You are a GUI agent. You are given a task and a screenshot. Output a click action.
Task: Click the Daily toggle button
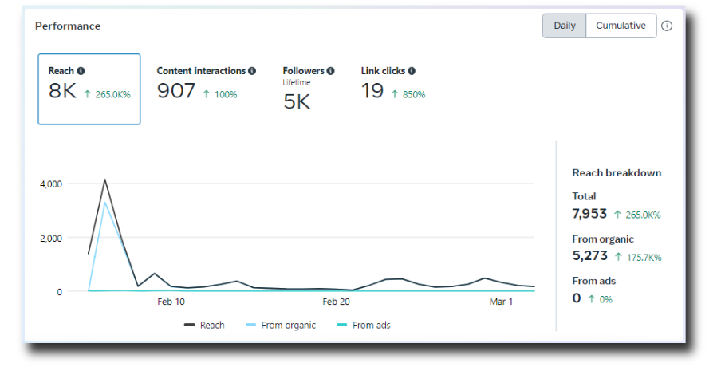564,26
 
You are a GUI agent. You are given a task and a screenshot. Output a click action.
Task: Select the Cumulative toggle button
621,26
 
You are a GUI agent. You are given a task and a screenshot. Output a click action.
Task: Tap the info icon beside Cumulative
667,26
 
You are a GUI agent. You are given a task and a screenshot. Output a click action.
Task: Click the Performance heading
68,26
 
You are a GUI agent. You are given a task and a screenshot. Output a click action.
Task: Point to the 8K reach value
62,91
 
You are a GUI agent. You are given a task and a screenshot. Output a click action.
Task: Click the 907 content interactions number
176,91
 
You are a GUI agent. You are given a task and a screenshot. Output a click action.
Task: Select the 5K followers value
297,101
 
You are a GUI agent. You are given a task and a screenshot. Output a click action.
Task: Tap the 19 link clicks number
372,91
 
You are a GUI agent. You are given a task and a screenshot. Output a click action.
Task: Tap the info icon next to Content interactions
252,71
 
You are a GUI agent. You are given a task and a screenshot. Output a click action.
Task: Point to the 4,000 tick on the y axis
51,184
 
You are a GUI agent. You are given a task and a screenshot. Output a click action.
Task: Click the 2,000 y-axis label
51,239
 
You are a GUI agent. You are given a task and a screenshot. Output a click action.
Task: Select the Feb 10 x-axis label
171,302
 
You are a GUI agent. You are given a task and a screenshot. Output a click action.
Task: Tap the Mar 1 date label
501,302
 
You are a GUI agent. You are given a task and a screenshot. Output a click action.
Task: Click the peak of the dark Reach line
104,180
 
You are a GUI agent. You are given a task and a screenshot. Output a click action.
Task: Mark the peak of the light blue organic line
104,203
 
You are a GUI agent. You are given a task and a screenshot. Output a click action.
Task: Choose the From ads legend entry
363,326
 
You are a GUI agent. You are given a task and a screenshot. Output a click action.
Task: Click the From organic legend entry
281,326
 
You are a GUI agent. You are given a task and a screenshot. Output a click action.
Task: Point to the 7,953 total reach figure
589,214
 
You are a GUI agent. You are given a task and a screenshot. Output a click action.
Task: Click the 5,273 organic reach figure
590,256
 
